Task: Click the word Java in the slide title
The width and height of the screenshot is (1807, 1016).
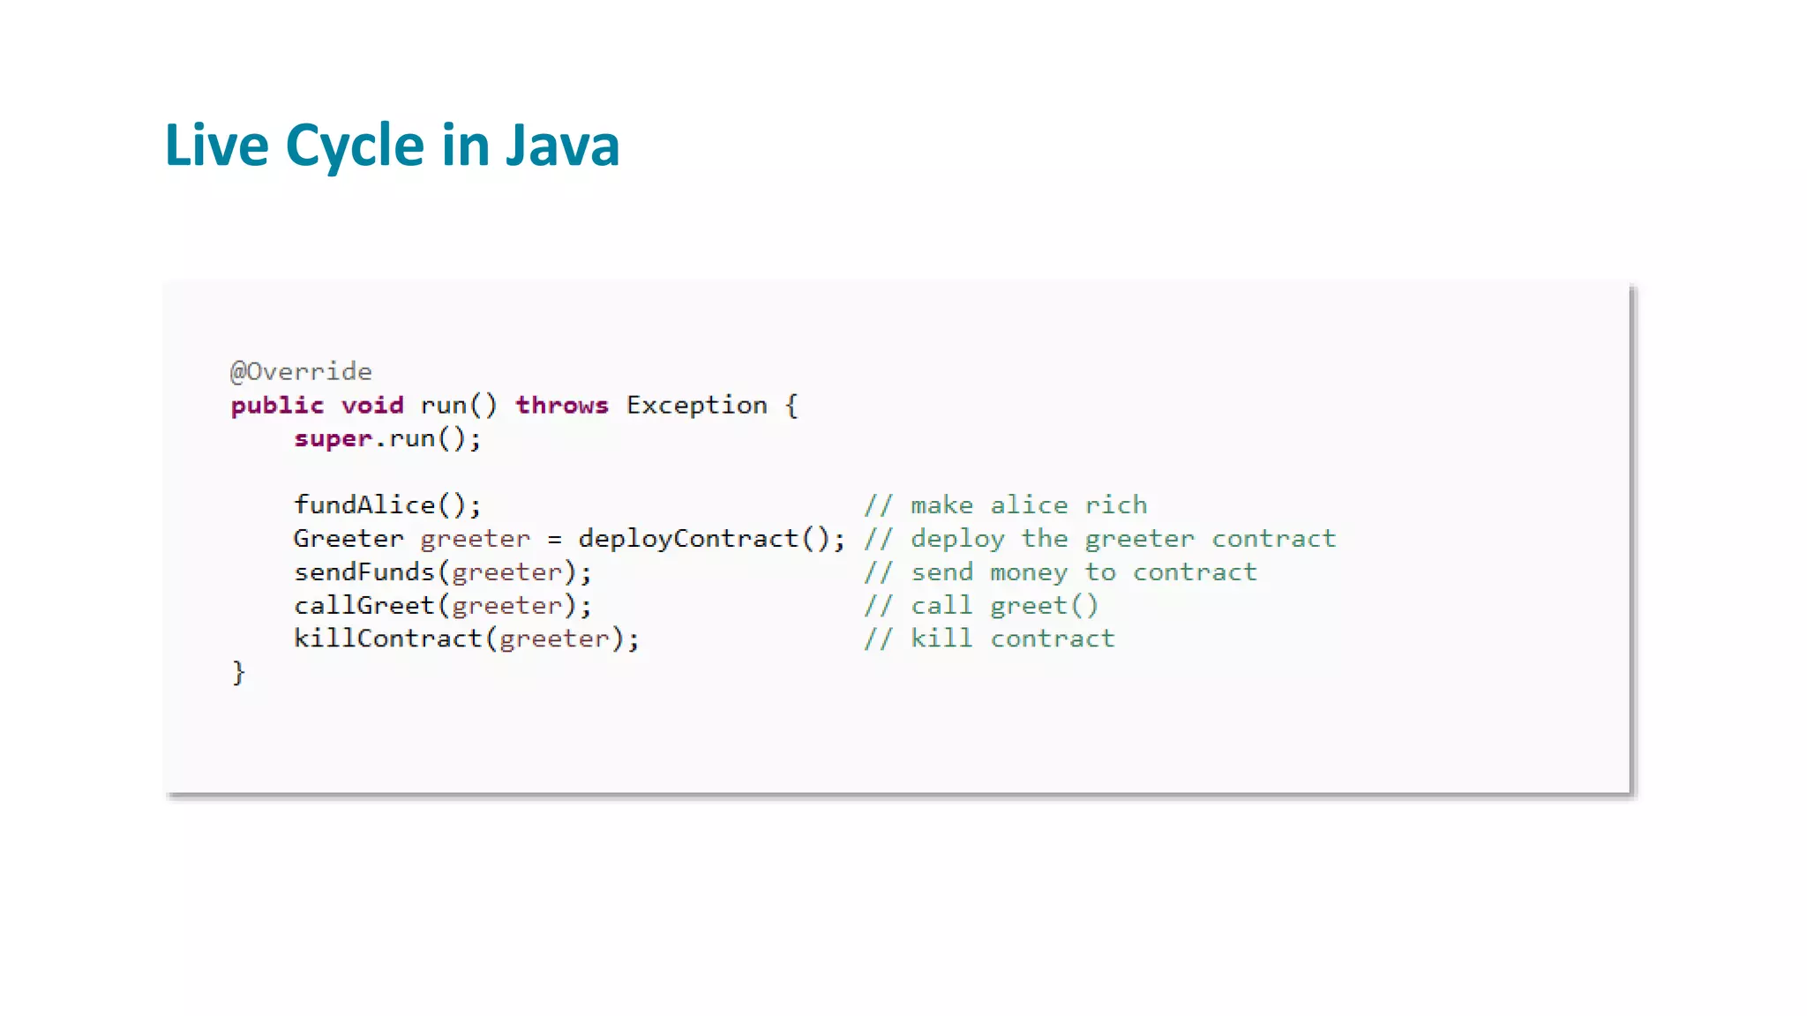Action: click(562, 146)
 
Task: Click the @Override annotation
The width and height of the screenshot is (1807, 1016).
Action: click(301, 371)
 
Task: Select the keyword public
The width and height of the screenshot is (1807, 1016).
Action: click(277, 406)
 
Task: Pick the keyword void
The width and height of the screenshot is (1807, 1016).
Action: click(372, 406)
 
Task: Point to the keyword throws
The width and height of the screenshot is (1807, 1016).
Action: click(562, 406)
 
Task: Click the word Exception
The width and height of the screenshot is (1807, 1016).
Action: click(697, 406)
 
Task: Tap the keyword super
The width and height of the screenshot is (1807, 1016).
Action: click(333, 439)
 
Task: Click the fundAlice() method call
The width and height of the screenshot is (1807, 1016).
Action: click(387, 505)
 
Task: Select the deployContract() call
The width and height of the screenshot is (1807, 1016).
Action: click(711, 539)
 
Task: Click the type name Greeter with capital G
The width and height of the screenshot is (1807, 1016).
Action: click(349, 539)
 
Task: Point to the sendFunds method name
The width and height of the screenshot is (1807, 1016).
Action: click(364, 572)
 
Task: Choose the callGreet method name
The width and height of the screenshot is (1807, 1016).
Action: click(364, 606)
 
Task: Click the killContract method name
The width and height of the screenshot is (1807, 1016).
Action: click(388, 639)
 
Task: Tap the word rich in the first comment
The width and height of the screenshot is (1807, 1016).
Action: click(1116, 505)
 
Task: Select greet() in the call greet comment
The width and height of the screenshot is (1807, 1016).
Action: click(1045, 606)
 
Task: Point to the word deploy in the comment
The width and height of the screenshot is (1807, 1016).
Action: click(958, 539)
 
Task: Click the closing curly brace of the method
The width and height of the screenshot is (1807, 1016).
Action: click(238, 672)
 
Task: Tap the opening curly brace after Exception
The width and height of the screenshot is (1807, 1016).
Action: click(791, 406)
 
